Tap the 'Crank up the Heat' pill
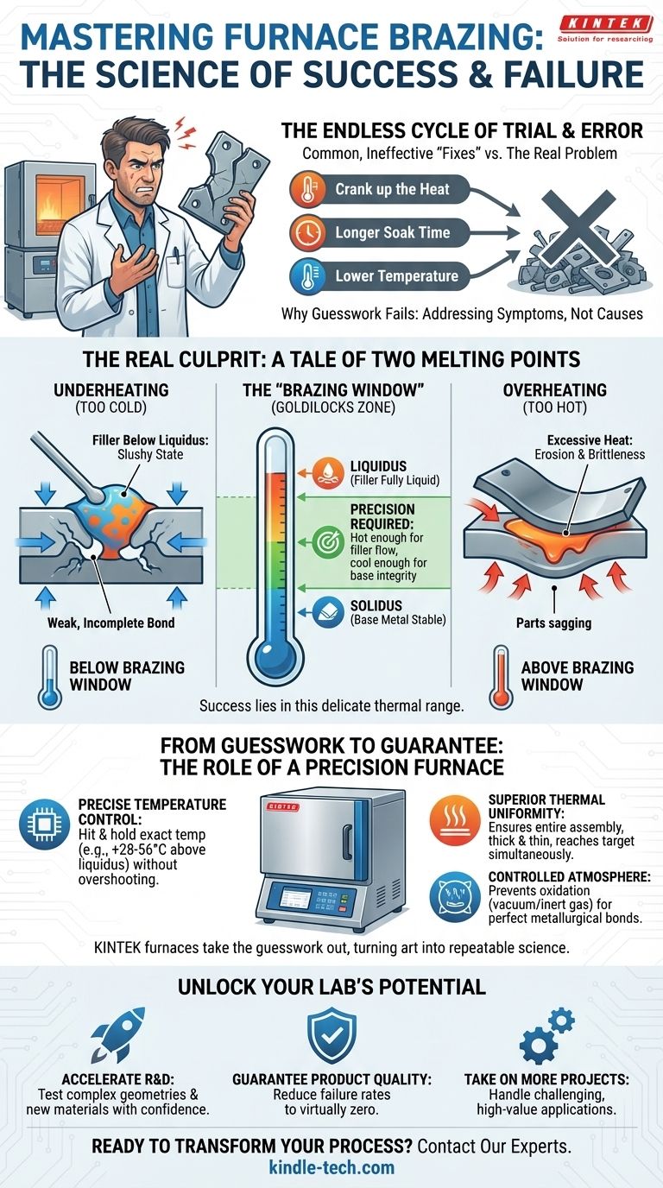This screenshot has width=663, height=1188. coord(380,189)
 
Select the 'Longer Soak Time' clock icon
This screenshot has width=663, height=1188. coord(307,232)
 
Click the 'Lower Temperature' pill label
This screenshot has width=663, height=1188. coord(397,275)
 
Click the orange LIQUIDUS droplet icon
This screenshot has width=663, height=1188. coord(327,472)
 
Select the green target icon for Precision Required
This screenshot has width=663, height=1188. coord(327,542)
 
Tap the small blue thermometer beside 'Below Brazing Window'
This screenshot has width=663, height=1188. coord(49,678)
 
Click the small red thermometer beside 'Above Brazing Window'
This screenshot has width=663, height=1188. coord(501,678)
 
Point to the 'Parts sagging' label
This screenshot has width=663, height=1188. coord(553,622)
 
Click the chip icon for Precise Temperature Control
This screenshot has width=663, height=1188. coord(44,825)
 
